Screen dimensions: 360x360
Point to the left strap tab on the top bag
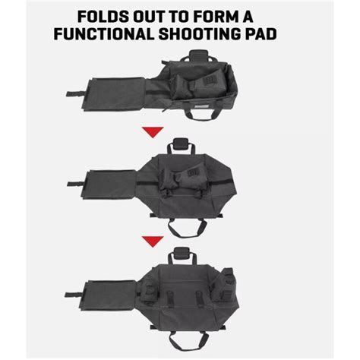coord(73,95)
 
